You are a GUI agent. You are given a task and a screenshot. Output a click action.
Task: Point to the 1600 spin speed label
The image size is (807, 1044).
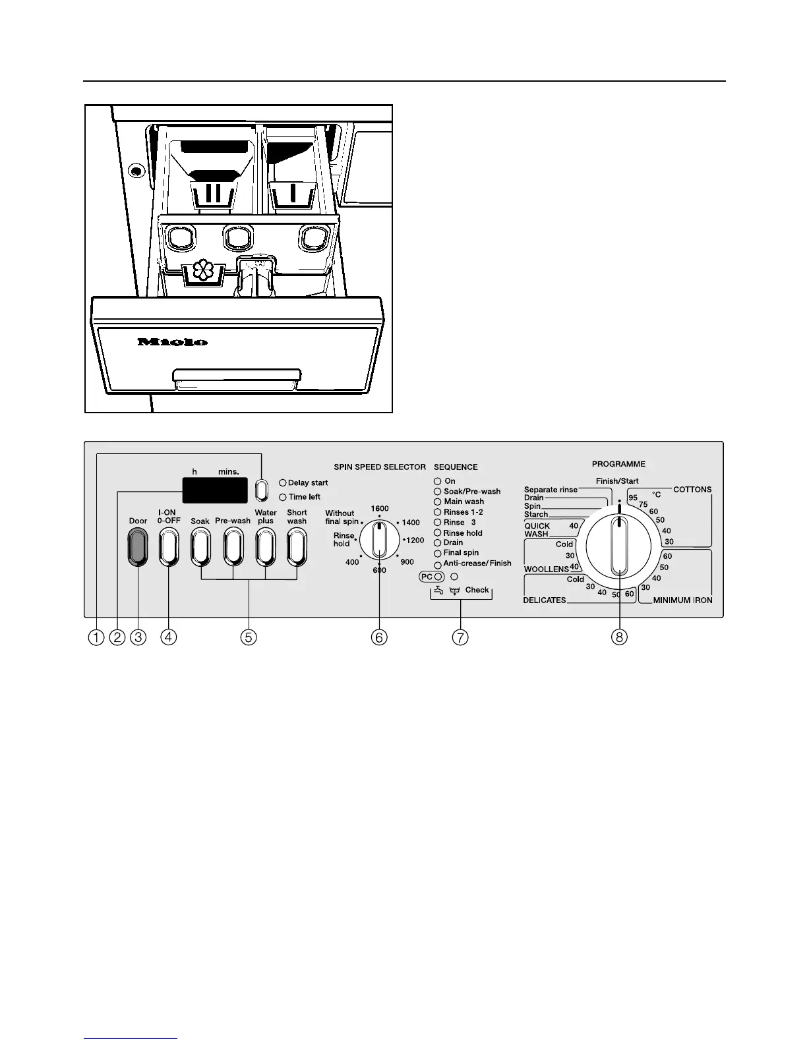(379, 508)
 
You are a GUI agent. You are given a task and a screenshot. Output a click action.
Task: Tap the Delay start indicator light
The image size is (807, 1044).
(283, 483)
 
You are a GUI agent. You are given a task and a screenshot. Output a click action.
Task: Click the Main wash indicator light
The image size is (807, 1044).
(437, 502)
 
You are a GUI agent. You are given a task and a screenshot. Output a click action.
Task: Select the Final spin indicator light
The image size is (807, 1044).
(437, 553)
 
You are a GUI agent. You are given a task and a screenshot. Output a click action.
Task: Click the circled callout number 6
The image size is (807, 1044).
(379, 637)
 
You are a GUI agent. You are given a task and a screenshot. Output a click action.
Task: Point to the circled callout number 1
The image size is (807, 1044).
(97, 637)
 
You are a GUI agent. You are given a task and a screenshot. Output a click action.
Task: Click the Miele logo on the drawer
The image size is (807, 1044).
(173, 342)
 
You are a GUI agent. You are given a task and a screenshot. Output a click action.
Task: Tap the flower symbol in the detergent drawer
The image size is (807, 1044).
(204, 272)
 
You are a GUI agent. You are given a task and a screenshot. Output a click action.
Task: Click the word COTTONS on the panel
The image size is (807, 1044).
(692, 490)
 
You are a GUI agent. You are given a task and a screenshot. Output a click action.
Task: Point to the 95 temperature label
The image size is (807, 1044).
(633, 498)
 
